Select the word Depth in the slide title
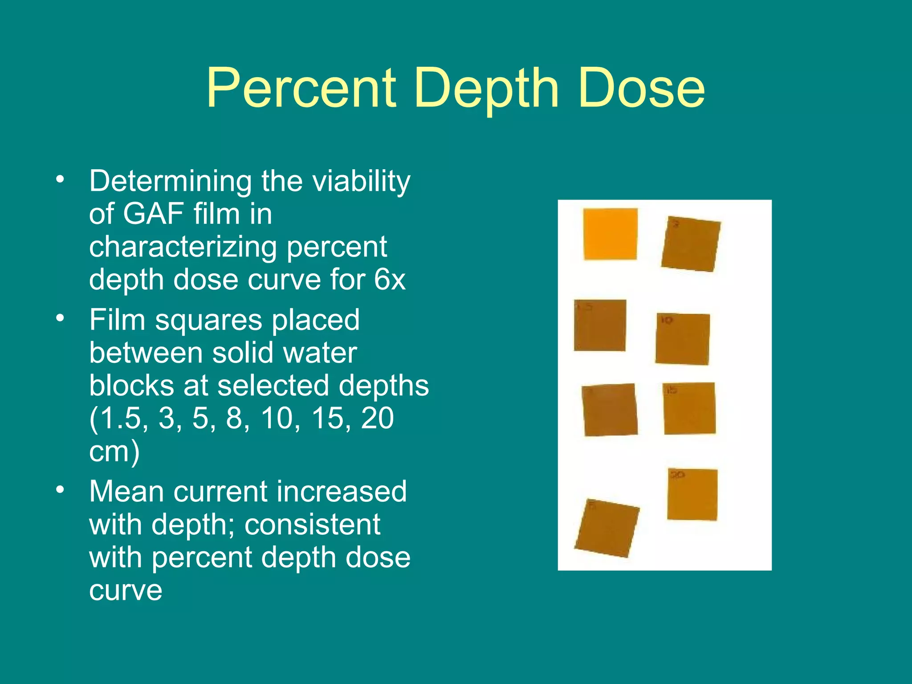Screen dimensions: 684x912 [487, 89]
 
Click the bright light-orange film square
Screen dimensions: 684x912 [610, 234]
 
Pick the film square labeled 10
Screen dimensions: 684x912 [682, 339]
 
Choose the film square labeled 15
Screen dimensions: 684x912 [689, 408]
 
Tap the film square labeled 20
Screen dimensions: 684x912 [692, 494]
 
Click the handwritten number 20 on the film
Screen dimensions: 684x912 [677, 475]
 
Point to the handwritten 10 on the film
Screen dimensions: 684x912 [666, 320]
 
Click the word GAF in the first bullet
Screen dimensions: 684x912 [153, 214]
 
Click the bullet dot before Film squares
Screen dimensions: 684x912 [60, 318]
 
